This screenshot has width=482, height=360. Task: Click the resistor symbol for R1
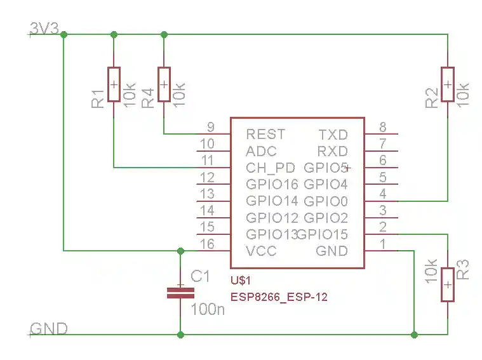[x=114, y=84]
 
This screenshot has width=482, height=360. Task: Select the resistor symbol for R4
[x=164, y=84]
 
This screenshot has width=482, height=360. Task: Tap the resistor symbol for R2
[x=448, y=84]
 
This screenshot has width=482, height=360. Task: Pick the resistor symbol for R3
[x=448, y=284]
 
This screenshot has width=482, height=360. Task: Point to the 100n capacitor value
[x=208, y=310]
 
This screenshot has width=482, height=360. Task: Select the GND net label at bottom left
[x=48, y=328]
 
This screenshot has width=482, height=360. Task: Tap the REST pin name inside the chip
[x=265, y=135]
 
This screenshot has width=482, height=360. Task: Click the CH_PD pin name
[x=270, y=168]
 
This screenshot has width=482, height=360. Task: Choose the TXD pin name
[x=333, y=135]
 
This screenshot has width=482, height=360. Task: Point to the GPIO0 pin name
[x=326, y=202]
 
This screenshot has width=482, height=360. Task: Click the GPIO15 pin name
[x=323, y=235]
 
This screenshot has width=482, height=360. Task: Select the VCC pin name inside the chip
[x=261, y=251]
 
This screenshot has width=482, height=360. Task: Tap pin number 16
[x=207, y=244]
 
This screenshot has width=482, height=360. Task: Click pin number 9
[x=211, y=126]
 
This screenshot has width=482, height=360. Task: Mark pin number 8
[x=382, y=126]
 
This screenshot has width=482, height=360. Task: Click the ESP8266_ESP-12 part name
[x=279, y=297]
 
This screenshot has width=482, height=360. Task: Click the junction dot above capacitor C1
[x=180, y=250]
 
